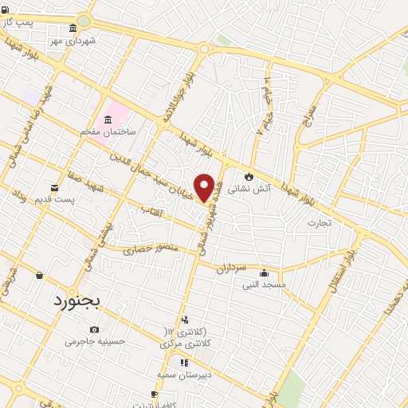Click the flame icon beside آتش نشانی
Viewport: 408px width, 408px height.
tap(249, 176)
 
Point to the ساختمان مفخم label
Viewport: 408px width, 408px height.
tap(107, 131)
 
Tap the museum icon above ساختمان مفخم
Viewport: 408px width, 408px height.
tap(108, 119)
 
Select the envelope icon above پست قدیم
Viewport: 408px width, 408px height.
tap(54, 187)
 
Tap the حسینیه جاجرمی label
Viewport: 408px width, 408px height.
tap(95, 341)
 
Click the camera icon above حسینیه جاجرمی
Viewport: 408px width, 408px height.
tap(95, 329)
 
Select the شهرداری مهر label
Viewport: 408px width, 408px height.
tap(73, 40)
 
